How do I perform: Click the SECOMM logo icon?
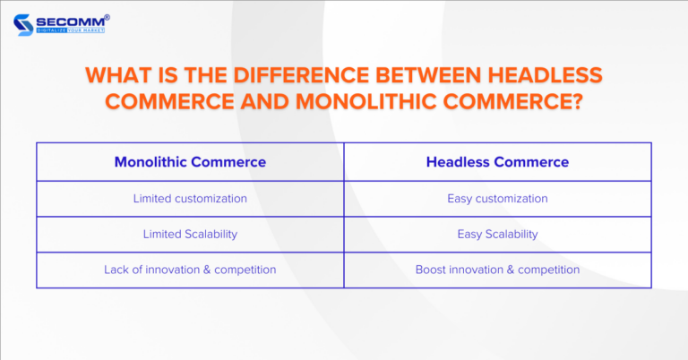pyautogui.click(x=25, y=22)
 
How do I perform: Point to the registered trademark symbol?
pyautogui.click(x=107, y=13)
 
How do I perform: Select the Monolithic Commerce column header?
pyautogui.click(x=190, y=162)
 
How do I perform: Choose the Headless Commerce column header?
pyautogui.click(x=497, y=162)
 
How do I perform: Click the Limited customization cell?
pyautogui.click(x=190, y=199)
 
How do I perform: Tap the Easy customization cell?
pyautogui.click(x=497, y=199)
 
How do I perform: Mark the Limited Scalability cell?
pyautogui.click(x=190, y=234)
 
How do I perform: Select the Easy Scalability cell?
pyautogui.click(x=497, y=234)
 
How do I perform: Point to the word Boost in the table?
pyautogui.click(x=431, y=270)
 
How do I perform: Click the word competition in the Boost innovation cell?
pyautogui.click(x=547, y=270)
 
